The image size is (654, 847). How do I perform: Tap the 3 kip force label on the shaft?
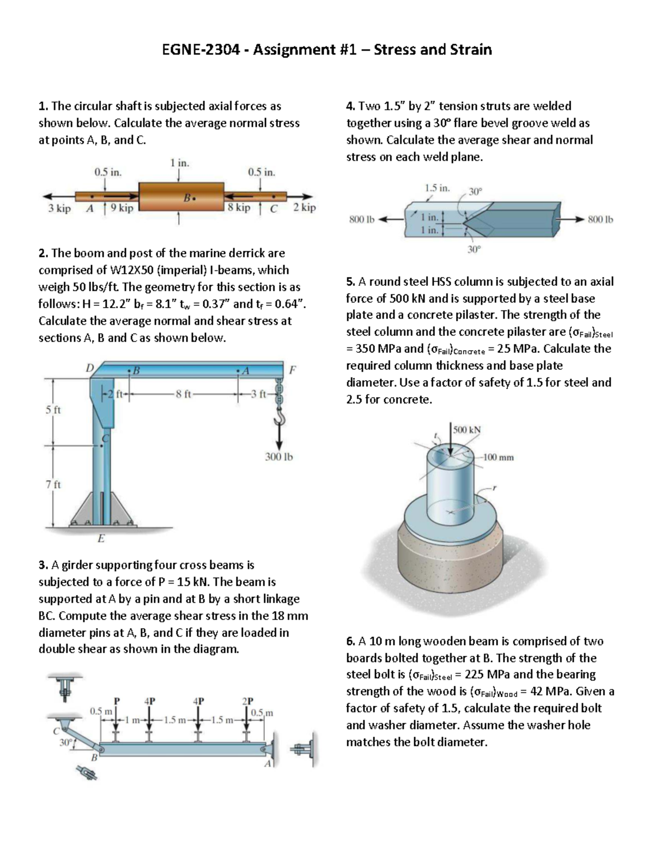(x=59, y=208)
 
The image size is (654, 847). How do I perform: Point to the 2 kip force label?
(x=304, y=207)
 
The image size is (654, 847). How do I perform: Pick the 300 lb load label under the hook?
(x=279, y=457)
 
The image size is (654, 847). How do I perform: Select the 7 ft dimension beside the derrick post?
(x=53, y=484)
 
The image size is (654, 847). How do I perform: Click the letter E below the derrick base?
(x=100, y=539)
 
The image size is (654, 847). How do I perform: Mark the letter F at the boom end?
(x=293, y=370)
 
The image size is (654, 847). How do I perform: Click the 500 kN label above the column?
(x=467, y=429)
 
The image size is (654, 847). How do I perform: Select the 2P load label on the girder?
(x=247, y=701)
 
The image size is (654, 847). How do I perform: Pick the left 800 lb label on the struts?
(x=362, y=220)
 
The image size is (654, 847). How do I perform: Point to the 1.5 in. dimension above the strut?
(x=437, y=188)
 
